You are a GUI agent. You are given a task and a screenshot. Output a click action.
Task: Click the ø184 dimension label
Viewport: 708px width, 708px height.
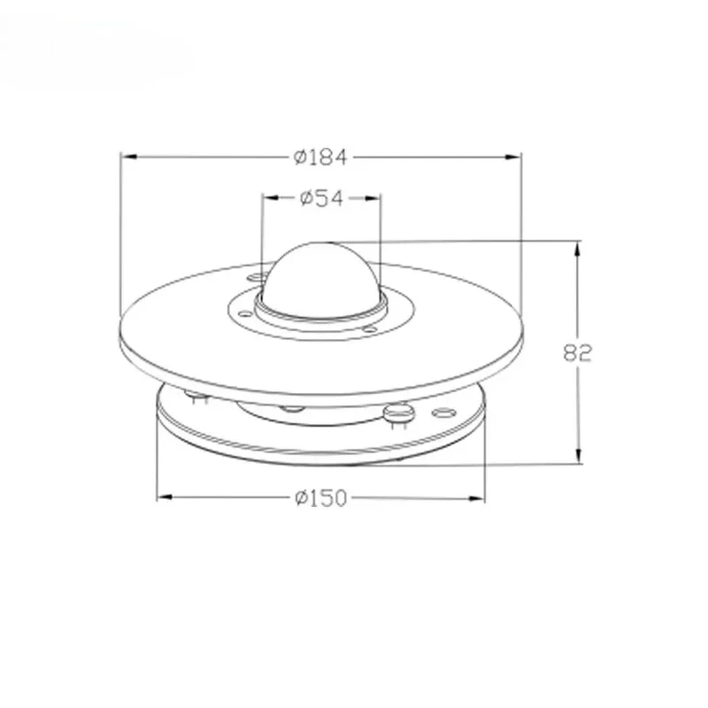pos(320,158)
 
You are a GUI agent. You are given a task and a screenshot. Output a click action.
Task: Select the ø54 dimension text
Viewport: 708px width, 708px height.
pos(321,198)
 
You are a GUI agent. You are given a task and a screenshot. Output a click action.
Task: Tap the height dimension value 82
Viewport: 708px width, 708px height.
pos(577,352)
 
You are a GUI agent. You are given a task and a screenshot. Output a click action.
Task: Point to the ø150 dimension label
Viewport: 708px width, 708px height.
pos(321,497)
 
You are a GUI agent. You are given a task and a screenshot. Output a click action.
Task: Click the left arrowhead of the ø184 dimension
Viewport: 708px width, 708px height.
pos(129,157)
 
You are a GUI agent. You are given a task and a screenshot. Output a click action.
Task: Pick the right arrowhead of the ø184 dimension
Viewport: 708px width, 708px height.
pos(513,158)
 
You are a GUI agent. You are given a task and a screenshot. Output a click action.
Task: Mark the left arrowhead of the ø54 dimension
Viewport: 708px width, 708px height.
pos(271,197)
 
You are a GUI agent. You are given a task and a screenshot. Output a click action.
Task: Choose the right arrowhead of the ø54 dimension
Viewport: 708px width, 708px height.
pos(372,198)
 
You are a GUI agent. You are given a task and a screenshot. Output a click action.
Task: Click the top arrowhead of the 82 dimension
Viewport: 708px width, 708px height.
pos(578,250)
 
